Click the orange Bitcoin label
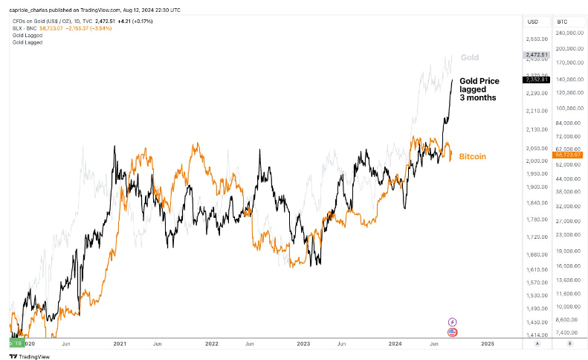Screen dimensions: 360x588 [472, 157]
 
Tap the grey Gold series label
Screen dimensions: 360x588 [469, 57]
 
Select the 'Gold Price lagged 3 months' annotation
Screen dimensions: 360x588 [479, 89]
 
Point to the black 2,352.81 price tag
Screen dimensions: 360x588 [536, 80]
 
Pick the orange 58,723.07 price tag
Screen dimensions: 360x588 [566, 154]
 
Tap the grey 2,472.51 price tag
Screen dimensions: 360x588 [536, 55]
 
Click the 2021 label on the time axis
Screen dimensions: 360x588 [119, 344]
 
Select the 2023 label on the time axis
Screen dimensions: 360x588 [304, 344]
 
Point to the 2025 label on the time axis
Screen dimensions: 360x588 [488, 344]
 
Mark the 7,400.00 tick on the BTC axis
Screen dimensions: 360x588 [567, 332]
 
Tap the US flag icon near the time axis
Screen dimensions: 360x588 [452, 332]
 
